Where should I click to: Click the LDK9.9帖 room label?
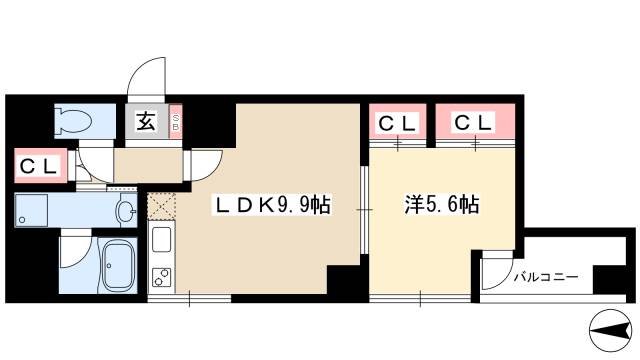click(269, 206)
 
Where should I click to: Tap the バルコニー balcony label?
click(547, 277)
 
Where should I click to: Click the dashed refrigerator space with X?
click(160, 206)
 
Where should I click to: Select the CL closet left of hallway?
click(39, 164)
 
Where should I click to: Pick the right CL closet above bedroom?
click(473, 123)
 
